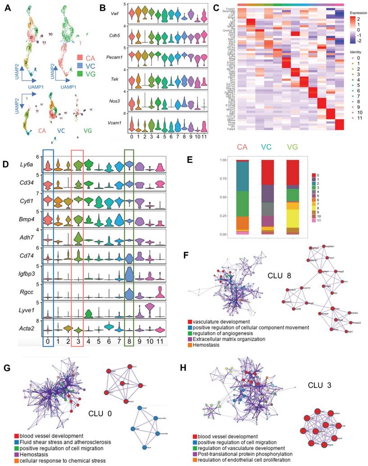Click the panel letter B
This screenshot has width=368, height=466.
[x=102, y=7]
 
